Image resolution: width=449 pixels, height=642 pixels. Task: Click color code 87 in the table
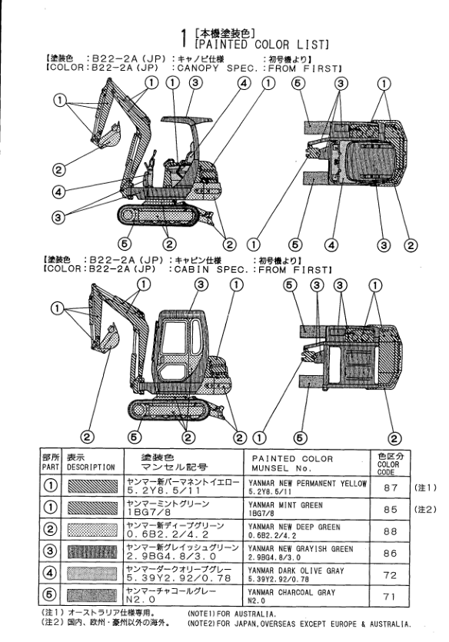tap(391, 487)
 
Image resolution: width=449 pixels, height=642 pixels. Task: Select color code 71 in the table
tap(390, 597)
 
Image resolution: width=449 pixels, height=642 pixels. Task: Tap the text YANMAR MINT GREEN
tap(285, 505)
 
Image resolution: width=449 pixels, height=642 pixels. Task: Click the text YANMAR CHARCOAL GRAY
tap(291, 593)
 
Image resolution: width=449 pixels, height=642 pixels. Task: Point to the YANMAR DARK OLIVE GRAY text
tap(296, 570)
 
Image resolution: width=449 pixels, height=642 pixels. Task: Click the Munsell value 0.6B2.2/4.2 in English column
tap(271, 536)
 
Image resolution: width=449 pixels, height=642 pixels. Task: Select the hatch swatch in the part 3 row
tap(92, 551)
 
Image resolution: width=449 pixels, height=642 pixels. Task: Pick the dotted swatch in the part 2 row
tap(92, 530)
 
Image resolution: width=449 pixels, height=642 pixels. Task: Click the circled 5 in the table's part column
tap(50, 595)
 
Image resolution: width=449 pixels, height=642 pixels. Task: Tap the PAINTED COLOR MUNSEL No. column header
tap(292, 463)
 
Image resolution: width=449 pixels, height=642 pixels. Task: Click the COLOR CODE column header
tap(388, 464)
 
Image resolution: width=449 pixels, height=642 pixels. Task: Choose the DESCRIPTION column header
tap(91, 467)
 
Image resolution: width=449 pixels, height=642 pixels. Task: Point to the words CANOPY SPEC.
tap(218, 68)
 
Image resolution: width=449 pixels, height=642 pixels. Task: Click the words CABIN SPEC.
tap(211, 269)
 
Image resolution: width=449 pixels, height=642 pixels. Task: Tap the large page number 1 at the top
tap(185, 38)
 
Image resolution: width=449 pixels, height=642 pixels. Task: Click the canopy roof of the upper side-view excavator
tap(187, 119)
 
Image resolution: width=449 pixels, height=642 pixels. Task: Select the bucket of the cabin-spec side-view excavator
tap(109, 338)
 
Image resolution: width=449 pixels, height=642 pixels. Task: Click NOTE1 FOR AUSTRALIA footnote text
tap(231, 614)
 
